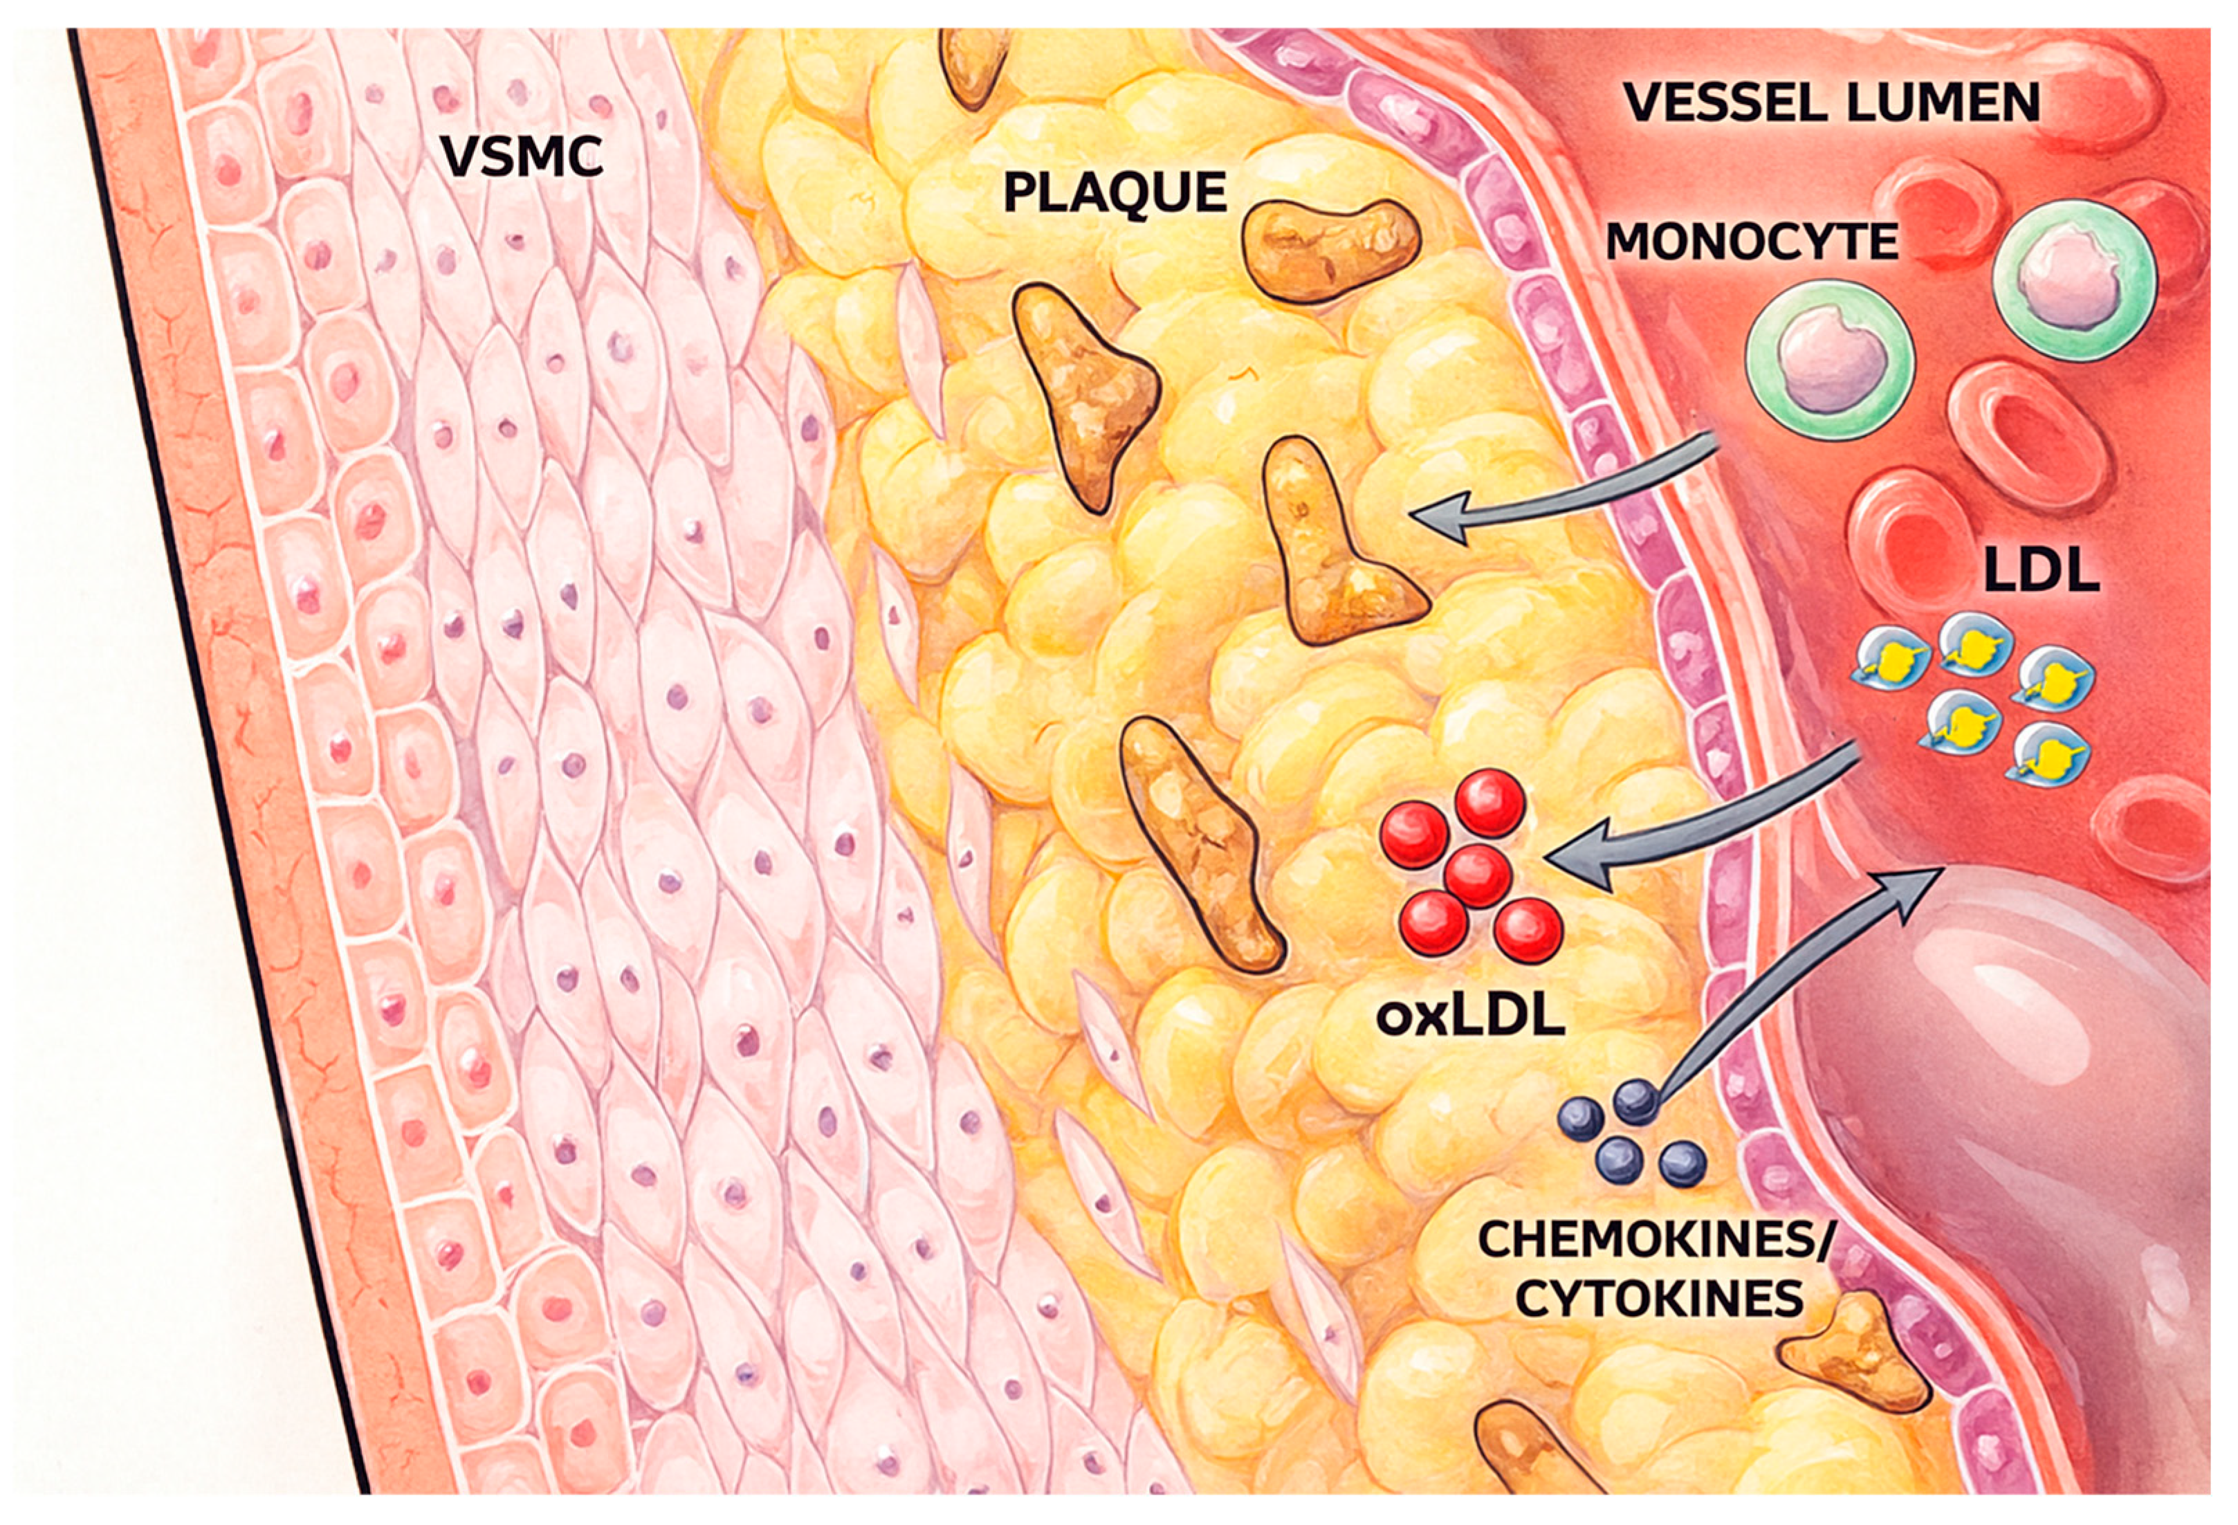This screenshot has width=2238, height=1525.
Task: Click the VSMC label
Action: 523,157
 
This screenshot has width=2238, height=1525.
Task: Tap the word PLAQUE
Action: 1115,192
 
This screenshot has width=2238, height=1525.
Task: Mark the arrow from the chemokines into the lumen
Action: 1791,983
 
